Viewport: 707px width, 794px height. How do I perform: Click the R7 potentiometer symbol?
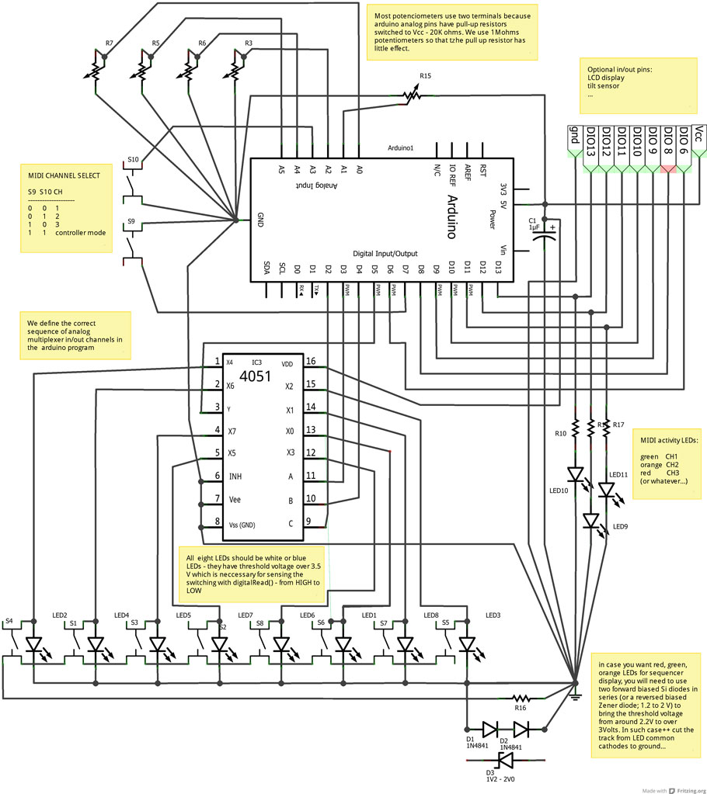pyautogui.click(x=95, y=70)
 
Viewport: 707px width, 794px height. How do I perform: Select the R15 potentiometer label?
pyautogui.click(x=425, y=76)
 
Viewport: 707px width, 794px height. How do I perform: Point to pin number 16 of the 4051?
pyautogui.click(x=309, y=362)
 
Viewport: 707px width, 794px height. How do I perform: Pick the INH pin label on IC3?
pyautogui.click(x=234, y=476)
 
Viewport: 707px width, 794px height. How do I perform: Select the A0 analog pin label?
pyautogui.click(x=359, y=168)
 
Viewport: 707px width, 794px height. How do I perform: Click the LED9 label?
pyautogui.click(x=620, y=527)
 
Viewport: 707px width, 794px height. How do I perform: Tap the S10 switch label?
pyautogui.click(x=133, y=160)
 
